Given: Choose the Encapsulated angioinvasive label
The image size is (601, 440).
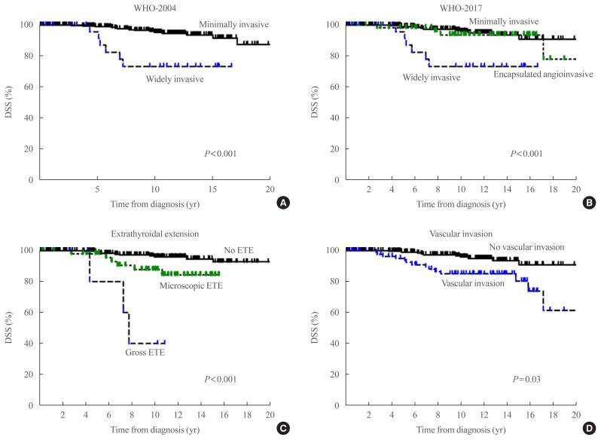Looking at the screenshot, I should point(543,74).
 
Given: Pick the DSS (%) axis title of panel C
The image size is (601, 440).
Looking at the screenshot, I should point(8,328).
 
